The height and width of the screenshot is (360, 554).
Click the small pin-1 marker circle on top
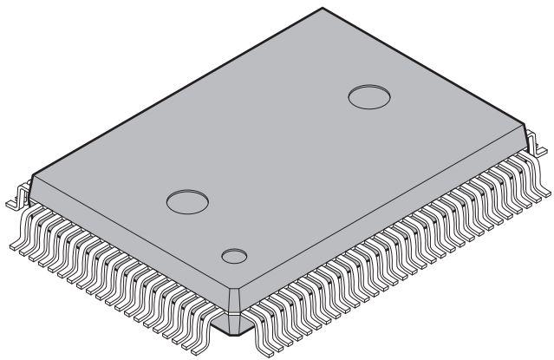(x=233, y=256)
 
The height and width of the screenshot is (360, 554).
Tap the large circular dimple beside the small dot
(x=187, y=202)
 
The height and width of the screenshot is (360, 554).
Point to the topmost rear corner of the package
(x=323, y=10)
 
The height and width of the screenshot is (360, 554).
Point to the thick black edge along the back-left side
(x=173, y=92)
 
